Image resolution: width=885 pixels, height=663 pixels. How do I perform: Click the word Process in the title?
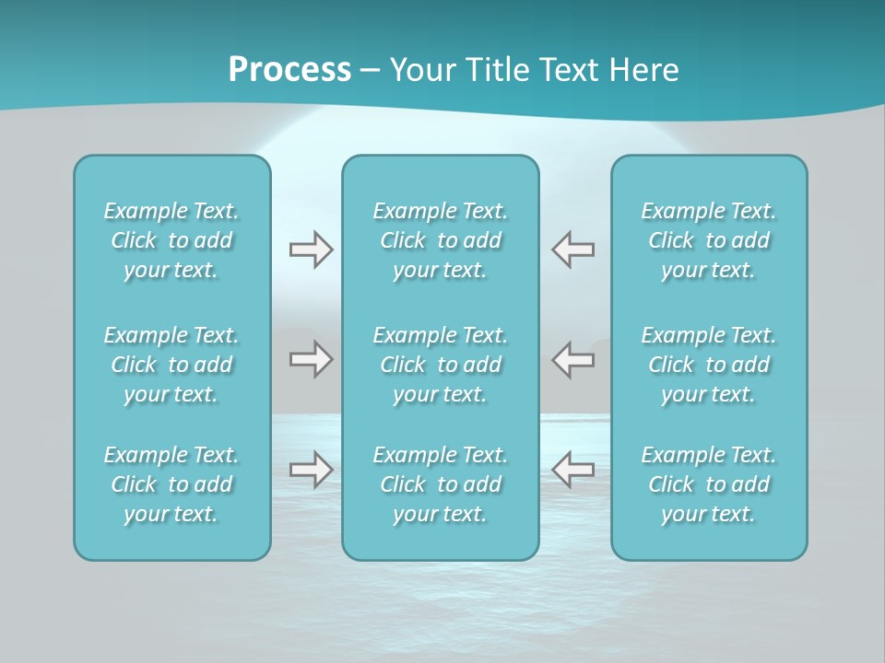(289, 70)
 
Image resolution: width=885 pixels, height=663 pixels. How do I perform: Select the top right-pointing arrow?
(311, 250)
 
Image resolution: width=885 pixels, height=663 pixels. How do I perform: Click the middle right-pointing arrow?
(311, 359)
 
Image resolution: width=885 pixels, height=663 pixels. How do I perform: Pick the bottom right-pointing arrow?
(311, 470)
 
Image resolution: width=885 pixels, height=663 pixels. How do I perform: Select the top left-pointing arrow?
(572, 250)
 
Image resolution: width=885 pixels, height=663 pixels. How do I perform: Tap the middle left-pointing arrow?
(572, 359)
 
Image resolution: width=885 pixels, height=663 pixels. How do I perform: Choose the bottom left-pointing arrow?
(572, 470)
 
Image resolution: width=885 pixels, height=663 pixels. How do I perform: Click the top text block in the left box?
(171, 240)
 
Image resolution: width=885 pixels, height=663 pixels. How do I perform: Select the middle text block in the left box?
(171, 365)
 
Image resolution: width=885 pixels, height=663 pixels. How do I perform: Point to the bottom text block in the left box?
(171, 484)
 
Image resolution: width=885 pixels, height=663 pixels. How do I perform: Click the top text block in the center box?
(440, 240)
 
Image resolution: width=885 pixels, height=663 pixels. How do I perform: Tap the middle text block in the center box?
(440, 365)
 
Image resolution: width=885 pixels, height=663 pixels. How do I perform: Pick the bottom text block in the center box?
(440, 484)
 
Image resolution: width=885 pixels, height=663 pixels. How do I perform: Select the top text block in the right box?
(708, 240)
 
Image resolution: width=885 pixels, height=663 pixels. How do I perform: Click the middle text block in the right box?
(708, 365)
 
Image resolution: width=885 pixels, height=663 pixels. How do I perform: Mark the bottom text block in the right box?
(708, 484)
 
